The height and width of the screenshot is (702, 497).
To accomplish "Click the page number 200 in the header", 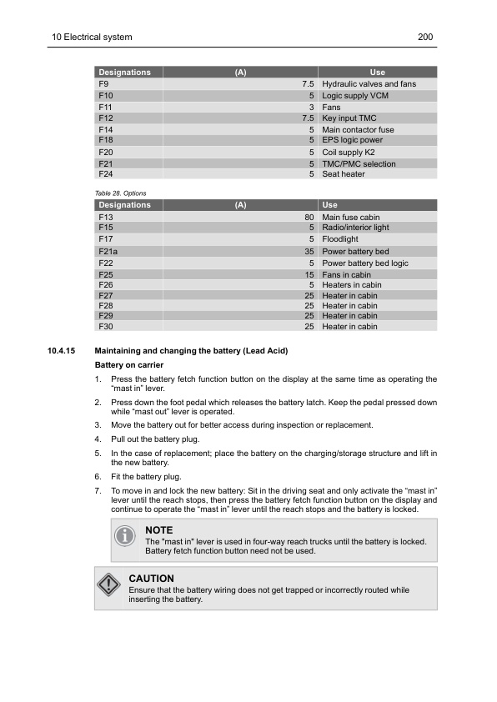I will pos(424,38).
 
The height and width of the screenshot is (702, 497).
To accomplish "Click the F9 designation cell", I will pos(103,84).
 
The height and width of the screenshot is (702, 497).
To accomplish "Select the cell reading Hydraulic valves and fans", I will pos(369,84).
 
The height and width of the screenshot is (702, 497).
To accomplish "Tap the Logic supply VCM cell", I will pos(354,96).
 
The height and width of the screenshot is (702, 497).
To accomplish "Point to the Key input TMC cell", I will pos(349,118).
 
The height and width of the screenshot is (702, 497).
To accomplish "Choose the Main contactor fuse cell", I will pos(358,130).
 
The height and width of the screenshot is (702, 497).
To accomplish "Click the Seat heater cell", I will pos(343,174).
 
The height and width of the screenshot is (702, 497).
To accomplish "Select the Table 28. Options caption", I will pos(122,193).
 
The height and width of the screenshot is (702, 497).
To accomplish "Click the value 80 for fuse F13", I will pos(309,218).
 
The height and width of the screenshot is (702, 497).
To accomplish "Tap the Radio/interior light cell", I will pos(355,228).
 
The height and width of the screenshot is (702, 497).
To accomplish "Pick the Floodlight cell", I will pos(340,239).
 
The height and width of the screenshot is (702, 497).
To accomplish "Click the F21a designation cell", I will pos(108,251).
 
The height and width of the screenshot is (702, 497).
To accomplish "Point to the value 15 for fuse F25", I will pos(309,274).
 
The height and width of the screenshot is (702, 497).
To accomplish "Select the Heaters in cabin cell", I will pos(351,285).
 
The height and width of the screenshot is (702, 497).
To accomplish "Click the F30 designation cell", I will pos(105,327).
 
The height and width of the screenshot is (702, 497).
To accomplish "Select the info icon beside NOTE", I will pos(124,536).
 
